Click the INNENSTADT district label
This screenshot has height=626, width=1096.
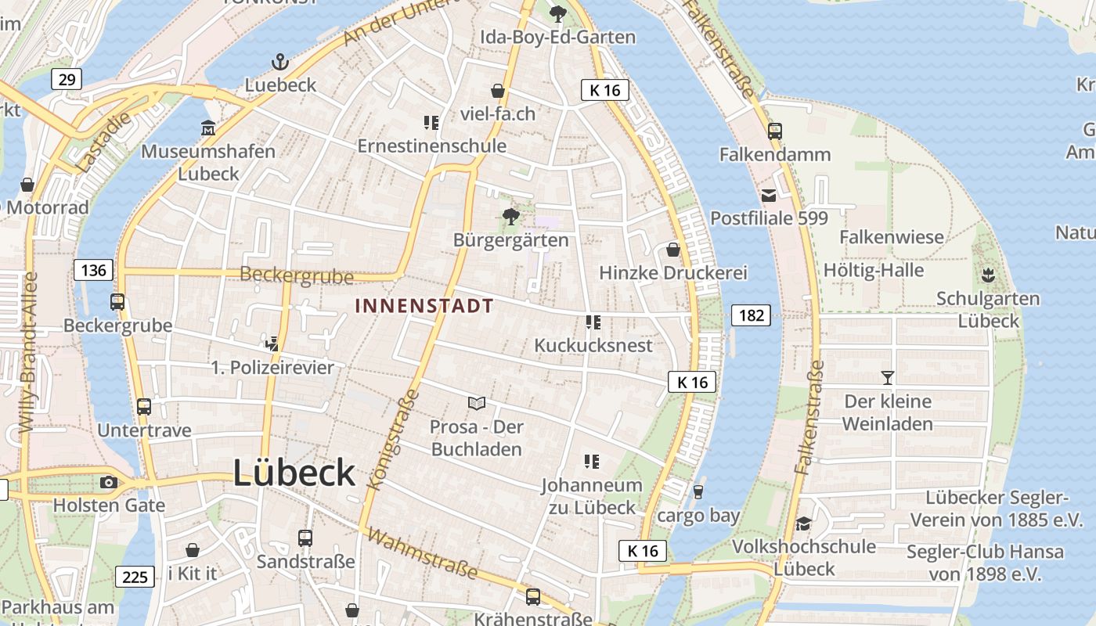pos(424,306)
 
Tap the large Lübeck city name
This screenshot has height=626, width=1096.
pos(294,473)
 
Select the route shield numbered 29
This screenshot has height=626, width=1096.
pos(67,79)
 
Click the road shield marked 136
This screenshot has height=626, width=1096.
pos(94,271)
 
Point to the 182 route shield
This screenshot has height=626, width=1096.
pos(751,315)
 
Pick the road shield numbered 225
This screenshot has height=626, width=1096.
pos(135,577)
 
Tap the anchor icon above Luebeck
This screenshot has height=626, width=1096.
pos(280,62)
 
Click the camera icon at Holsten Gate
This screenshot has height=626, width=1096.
pos(109,482)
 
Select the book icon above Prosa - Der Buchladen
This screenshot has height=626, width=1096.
pos(477,403)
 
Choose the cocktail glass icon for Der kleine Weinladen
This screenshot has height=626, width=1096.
pos(887,378)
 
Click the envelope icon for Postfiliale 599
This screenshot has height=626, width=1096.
pos(769,195)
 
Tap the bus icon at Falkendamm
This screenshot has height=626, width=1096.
pos(774,131)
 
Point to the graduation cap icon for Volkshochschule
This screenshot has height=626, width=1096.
pos(803,523)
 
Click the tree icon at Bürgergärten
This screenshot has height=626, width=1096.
pos(510,216)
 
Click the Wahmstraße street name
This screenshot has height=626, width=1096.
pos(422,554)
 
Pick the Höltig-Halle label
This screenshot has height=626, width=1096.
pos(874,271)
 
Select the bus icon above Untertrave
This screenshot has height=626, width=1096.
pos(144,407)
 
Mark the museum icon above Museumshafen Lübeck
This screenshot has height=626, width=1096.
pos(207,128)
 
